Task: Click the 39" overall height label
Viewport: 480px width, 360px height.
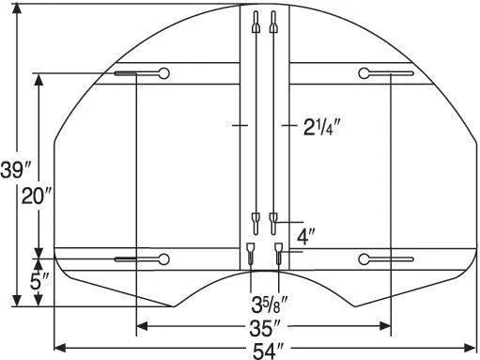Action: (x=16, y=171)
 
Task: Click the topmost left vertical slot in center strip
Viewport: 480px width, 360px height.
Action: (x=254, y=24)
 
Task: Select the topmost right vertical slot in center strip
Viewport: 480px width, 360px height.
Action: (x=273, y=24)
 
